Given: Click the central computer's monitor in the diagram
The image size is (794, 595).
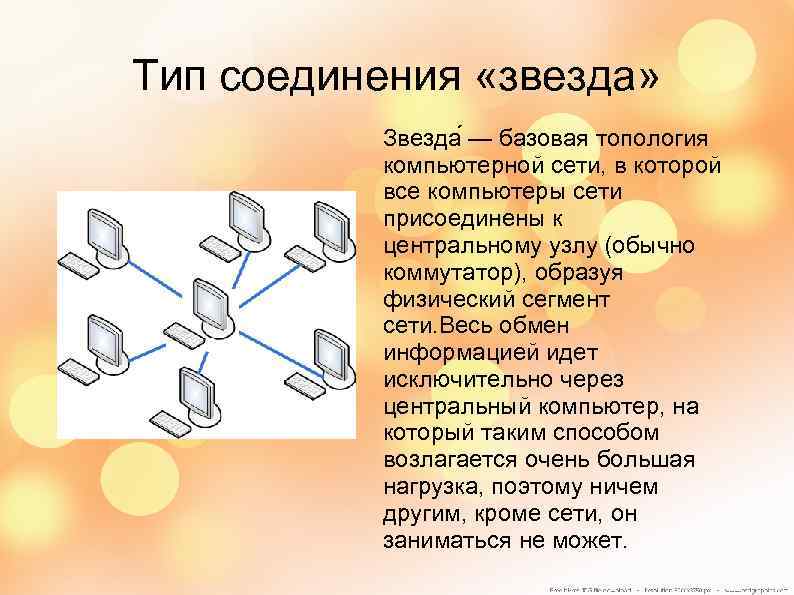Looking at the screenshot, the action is click(207, 297).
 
